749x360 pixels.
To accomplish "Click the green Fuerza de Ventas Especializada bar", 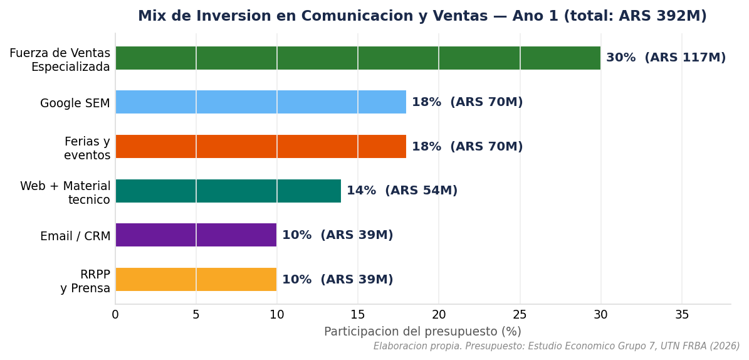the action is pyautogui.click(x=358, y=58).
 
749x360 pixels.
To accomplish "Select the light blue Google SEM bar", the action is pyautogui.click(x=261, y=102).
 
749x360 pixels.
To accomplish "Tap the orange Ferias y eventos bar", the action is pyautogui.click(x=261, y=146).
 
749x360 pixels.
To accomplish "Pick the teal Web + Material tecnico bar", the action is pyautogui.click(x=228, y=191).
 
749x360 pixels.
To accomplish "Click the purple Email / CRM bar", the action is pyautogui.click(x=196, y=235).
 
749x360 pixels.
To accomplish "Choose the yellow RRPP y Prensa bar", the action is pyautogui.click(x=196, y=279).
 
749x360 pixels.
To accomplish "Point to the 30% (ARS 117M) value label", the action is pyautogui.click(x=666, y=58).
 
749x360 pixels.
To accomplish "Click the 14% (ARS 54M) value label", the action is pyautogui.click(x=402, y=191).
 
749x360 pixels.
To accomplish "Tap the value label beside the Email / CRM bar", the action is pyautogui.click(x=337, y=235).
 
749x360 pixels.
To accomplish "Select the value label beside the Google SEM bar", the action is pyautogui.click(x=467, y=102).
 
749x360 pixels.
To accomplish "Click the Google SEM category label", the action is pyautogui.click(x=75, y=103).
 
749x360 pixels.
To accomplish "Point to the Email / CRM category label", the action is pyautogui.click(x=75, y=236).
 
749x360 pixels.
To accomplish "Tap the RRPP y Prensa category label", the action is pyautogui.click(x=85, y=281).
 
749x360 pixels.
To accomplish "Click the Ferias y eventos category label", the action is pyautogui.click(x=87, y=148).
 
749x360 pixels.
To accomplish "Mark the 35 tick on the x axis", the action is pyautogui.click(x=682, y=315).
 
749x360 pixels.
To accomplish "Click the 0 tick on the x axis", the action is pyautogui.click(x=115, y=315).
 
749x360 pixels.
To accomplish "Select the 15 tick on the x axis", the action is pyautogui.click(x=358, y=315).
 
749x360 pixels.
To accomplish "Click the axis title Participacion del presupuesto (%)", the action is pyautogui.click(x=422, y=332).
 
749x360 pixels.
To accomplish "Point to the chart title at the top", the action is pyautogui.click(x=422, y=16).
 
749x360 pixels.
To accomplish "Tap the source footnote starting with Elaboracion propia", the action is pyautogui.click(x=557, y=346).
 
